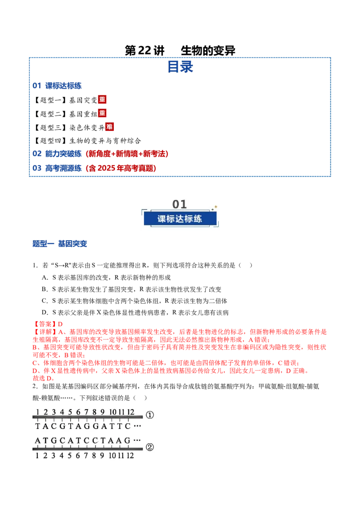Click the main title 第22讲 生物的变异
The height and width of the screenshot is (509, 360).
click(180, 50)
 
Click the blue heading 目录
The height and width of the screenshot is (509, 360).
click(180, 67)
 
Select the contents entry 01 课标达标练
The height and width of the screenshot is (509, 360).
click(57, 86)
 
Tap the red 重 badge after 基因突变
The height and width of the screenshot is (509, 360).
click(102, 99)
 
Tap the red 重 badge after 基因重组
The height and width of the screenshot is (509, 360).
click(102, 113)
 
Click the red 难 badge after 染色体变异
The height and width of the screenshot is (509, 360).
click(109, 127)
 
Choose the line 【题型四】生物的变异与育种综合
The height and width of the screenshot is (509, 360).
click(87, 141)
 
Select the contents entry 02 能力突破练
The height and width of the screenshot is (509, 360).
click(57, 153)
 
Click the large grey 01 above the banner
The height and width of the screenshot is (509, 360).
click(180, 204)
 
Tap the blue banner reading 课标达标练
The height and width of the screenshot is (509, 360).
click(180, 219)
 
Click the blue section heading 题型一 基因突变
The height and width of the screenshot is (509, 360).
click(60, 243)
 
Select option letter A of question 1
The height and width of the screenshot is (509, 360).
click(45, 277)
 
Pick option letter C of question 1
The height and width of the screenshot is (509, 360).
click(45, 301)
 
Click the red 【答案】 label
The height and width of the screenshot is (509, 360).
click(45, 324)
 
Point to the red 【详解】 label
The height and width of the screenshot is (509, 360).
click(45, 332)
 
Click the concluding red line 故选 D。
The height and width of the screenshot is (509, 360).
click(44, 378)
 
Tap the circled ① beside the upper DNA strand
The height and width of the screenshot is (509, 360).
click(150, 415)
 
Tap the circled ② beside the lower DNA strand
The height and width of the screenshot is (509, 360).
click(150, 447)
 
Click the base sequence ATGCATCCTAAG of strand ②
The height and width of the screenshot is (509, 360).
click(83, 441)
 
